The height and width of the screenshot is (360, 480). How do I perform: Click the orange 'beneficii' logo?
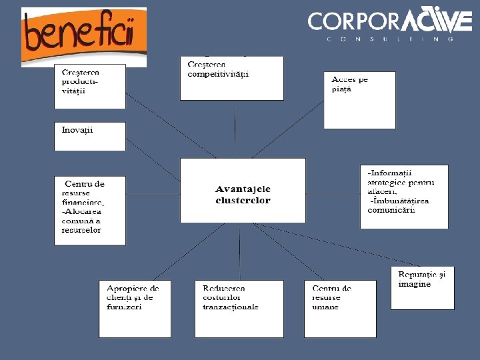(x=83, y=37)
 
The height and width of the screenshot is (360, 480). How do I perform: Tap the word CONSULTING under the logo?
(x=390, y=39)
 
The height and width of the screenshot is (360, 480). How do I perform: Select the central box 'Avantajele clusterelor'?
(x=243, y=190)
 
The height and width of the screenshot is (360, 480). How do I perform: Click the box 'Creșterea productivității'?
(x=90, y=86)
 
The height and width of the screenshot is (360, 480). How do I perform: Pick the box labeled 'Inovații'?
(x=90, y=136)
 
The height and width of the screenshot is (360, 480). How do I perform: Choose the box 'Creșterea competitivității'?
(x=231, y=79)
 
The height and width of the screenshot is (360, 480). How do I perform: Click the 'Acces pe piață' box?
(x=359, y=100)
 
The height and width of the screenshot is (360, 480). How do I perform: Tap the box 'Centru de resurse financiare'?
(x=90, y=211)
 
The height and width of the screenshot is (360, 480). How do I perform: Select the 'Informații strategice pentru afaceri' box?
(x=404, y=197)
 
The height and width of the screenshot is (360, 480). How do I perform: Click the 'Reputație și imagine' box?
(x=422, y=288)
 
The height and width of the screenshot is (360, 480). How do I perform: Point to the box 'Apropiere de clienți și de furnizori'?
(x=134, y=309)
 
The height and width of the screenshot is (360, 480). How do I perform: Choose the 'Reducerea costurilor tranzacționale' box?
(x=239, y=309)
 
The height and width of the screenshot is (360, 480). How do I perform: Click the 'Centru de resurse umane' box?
(x=339, y=309)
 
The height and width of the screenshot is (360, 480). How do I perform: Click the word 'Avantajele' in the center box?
(x=243, y=189)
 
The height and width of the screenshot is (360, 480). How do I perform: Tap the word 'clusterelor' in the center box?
(x=243, y=200)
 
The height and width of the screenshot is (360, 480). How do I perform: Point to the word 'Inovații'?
(x=77, y=129)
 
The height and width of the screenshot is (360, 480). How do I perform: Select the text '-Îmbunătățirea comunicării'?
(x=399, y=205)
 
